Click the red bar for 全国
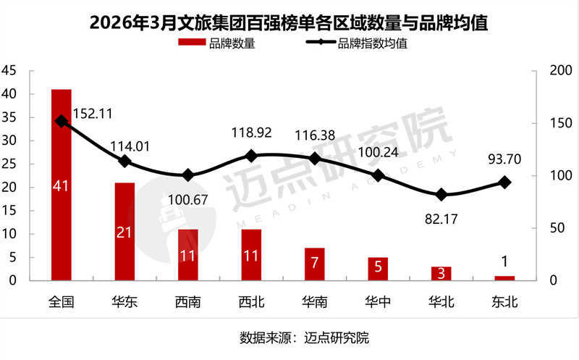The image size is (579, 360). pos(62,185)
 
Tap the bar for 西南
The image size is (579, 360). pos(188,254)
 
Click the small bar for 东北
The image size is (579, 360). pos(504,277)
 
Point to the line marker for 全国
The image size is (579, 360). pos(62,122)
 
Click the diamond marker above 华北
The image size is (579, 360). pos(441,195)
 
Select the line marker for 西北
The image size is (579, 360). pos(251,156)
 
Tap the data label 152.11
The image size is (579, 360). pos(93,113)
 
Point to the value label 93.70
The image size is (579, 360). pos(504,159)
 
